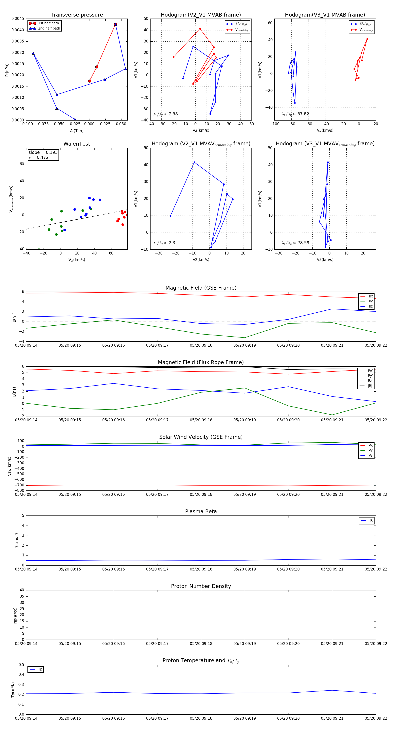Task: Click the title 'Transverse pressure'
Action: point(77,15)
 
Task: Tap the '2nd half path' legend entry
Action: point(49,28)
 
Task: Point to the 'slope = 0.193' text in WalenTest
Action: point(43,153)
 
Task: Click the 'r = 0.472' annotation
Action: point(39,157)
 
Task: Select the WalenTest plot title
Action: point(77,144)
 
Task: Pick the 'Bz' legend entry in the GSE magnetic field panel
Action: point(371,306)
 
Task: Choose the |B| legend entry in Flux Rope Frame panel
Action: point(370,386)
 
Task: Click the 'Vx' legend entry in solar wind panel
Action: point(371,445)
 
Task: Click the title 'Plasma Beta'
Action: point(201,511)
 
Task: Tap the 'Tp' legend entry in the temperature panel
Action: point(40,669)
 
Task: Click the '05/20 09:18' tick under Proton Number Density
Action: point(201,643)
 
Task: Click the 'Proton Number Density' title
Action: point(201,586)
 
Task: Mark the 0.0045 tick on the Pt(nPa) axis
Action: point(18,19)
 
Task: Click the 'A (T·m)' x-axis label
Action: point(77,131)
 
